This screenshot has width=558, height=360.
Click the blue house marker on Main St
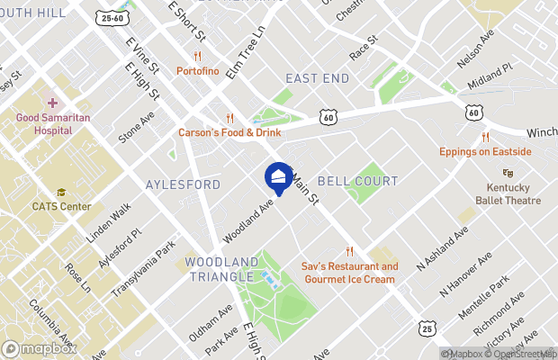click(279, 176)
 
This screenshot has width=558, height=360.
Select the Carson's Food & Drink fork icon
click(229, 117)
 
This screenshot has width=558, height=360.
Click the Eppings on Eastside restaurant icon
click(484, 137)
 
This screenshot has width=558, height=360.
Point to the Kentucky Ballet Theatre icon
click(508, 173)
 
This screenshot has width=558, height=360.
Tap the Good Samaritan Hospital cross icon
click(52, 103)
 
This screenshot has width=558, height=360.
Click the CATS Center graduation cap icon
click(61, 192)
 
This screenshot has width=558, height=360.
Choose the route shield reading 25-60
click(114, 17)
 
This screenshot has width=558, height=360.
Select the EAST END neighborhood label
click(317, 79)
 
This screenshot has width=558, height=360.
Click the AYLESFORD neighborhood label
click(183, 184)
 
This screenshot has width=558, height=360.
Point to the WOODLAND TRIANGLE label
click(221, 269)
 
